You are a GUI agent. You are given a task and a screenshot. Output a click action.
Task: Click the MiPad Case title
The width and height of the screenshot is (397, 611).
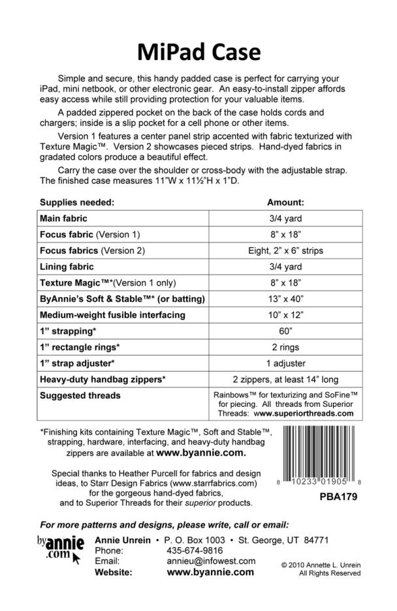[198, 51]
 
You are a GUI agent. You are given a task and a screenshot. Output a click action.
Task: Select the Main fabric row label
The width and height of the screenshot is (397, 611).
[63, 218]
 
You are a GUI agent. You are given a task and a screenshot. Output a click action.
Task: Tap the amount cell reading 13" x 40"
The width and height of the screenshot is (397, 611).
[285, 299]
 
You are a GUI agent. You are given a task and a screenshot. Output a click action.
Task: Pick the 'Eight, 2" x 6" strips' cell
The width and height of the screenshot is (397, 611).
[285, 250]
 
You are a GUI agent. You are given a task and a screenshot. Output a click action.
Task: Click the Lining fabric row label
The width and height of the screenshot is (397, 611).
[67, 267]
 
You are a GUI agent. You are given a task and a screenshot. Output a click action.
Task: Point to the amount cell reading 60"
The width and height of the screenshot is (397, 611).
[285, 331]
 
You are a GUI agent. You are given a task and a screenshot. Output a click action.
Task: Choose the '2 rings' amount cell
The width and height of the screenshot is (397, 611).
[285, 348]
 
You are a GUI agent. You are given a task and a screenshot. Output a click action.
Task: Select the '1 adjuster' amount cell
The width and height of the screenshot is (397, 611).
[285, 363]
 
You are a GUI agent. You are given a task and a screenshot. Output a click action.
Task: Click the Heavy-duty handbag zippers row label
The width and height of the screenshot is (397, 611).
[112, 380]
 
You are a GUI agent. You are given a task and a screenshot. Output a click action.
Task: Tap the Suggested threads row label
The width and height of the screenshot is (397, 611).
[80, 396]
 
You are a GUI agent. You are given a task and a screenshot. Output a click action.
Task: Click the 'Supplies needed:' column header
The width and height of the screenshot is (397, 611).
[77, 203]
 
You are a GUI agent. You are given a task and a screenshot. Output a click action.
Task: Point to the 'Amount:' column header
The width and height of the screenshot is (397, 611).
[285, 203]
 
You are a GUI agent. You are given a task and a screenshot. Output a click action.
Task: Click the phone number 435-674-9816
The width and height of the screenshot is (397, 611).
[195, 550]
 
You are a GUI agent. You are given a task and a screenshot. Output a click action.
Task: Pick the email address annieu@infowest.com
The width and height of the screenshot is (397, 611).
[210, 561]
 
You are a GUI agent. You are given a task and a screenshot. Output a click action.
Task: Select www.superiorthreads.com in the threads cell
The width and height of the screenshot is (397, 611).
[304, 413]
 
